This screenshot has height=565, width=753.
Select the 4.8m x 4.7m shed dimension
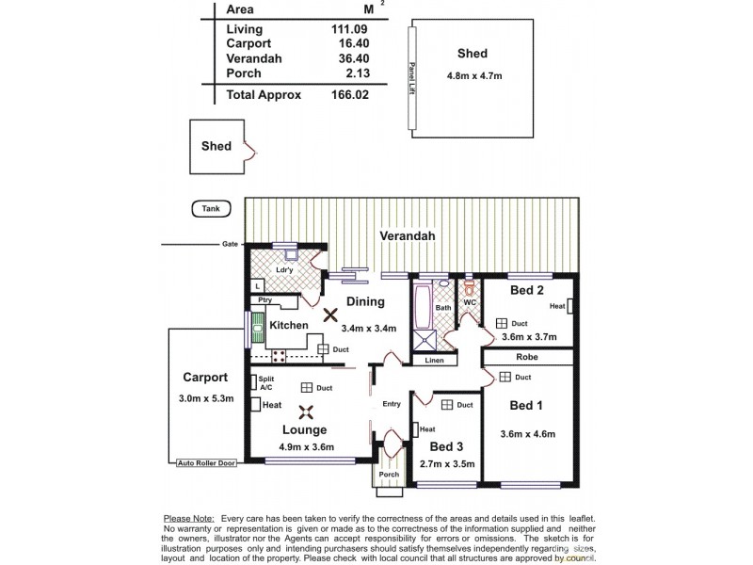pos(472,73)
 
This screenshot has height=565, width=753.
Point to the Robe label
pos(526,357)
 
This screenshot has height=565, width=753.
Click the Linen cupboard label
pos(434,361)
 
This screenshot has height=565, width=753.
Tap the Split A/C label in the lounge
pos(266,384)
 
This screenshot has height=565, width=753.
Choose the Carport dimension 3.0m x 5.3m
pos(208,399)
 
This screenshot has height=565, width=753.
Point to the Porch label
pos(389,475)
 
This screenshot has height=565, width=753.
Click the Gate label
pos(230,244)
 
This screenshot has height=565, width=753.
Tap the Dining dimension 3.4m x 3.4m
pos(368,328)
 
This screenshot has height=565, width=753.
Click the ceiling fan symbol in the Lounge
pos(304,410)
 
